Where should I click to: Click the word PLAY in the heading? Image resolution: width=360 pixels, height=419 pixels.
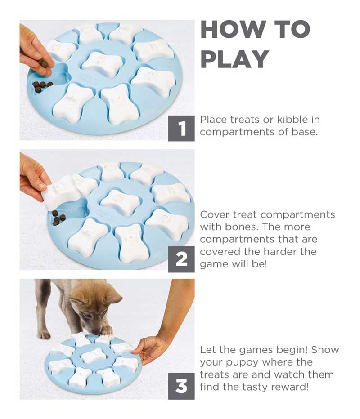[x=235, y=59]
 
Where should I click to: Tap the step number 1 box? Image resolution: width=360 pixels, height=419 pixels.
[x=181, y=128]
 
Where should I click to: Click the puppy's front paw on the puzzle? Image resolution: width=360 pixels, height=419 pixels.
[x=106, y=330]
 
